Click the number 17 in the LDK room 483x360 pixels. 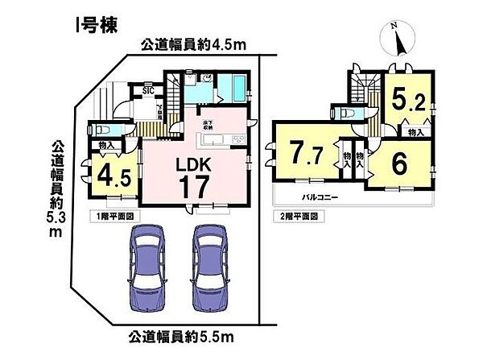tap(195, 187)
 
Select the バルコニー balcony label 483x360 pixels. tap(320, 197)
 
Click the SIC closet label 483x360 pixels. tap(148, 91)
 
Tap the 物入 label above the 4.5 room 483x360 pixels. tap(106, 146)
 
